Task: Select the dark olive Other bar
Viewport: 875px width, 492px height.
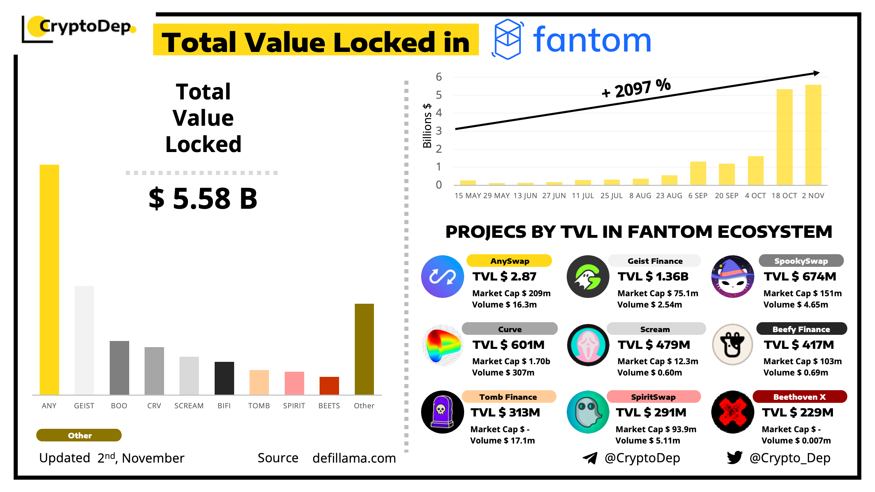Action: click(364, 349)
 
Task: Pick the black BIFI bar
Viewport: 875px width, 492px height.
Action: click(224, 378)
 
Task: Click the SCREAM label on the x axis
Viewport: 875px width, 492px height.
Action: click(189, 406)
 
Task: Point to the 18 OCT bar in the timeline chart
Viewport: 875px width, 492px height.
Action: click(784, 137)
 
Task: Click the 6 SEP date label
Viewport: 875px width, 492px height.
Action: click(698, 196)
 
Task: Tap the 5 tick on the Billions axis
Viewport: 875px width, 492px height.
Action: click(439, 95)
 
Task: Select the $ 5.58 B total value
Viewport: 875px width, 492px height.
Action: click(203, 199)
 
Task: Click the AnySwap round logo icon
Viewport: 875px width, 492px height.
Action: click(442, 277)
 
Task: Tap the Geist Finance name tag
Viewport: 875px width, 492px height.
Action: click(655, 261)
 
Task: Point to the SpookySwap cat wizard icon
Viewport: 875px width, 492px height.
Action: click(732, 277)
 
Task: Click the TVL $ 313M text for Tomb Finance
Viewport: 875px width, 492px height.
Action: click(505, 413)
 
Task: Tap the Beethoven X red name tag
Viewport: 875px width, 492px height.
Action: click(799, 397)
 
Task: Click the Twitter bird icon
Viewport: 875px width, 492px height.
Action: click(735, 457)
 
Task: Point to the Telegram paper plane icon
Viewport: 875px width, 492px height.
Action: click(590, 458)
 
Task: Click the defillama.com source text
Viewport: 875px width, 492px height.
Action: click(354, 458)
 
